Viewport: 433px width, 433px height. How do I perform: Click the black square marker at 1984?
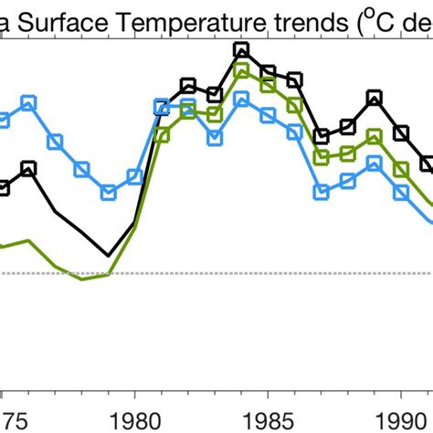click(241, 50)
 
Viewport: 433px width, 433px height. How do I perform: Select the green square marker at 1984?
click(241, 70)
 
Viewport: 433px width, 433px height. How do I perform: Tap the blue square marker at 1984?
click(241, 99)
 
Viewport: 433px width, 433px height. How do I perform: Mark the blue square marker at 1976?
click(28, 102)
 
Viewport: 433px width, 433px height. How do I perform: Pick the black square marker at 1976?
click(28, 168)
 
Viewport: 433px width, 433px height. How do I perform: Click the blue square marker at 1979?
click(109, 193)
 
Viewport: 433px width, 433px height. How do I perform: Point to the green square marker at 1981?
click(162, 135)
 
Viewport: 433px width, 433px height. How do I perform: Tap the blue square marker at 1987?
click(321, 192)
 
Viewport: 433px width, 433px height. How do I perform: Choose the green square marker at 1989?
click(374, 137)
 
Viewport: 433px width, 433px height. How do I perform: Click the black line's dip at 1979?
click(109, 256)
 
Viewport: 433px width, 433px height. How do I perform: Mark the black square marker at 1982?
click(188, 86)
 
